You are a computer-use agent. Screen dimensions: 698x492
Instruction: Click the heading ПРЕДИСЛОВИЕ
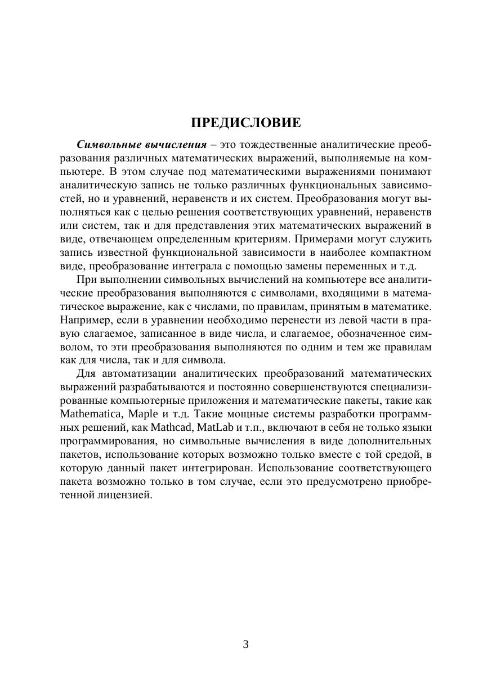click(x=245, y=123)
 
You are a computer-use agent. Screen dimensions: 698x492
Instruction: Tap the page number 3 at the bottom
click(x=245, y=645)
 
